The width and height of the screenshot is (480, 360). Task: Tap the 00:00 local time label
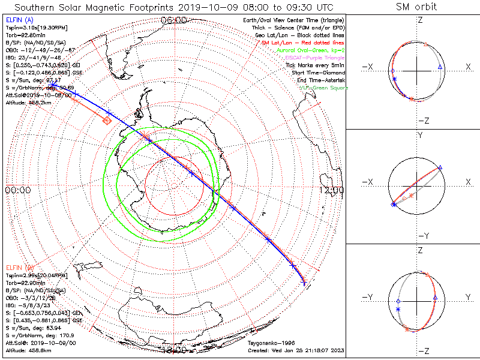(17, 190)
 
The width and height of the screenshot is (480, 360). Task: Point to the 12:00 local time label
(332, 190)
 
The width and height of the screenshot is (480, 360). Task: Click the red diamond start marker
(107, 121)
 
